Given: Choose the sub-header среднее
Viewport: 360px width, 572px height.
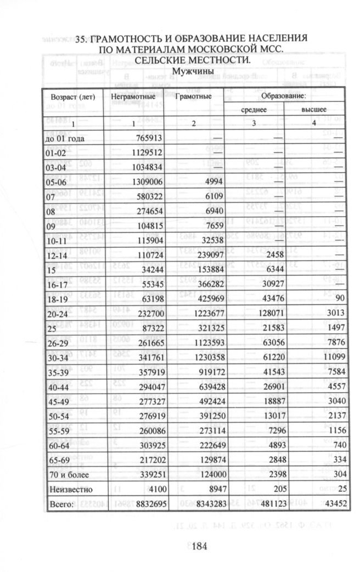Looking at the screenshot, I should tap(254, 110).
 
